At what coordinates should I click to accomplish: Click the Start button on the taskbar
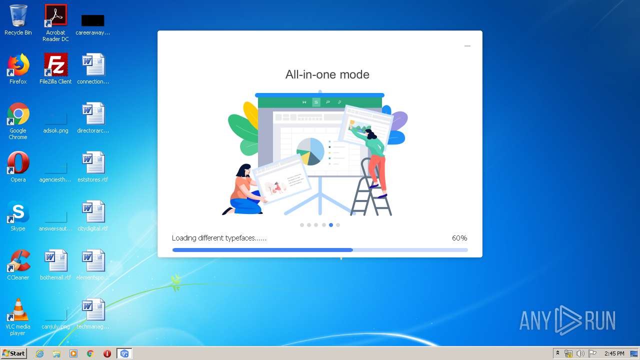tap(14, 353)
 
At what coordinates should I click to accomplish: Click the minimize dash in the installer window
tap(467, 46)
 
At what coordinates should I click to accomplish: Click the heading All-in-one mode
tap(327, 74)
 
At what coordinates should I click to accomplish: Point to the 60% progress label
tap(459, 238)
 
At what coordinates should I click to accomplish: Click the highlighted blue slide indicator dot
tap(331, 225)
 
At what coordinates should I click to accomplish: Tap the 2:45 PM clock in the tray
tap(614, 353)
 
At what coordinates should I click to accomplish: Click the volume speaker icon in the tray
tap(580, 353)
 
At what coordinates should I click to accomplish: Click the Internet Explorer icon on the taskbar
tap(40, 353)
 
